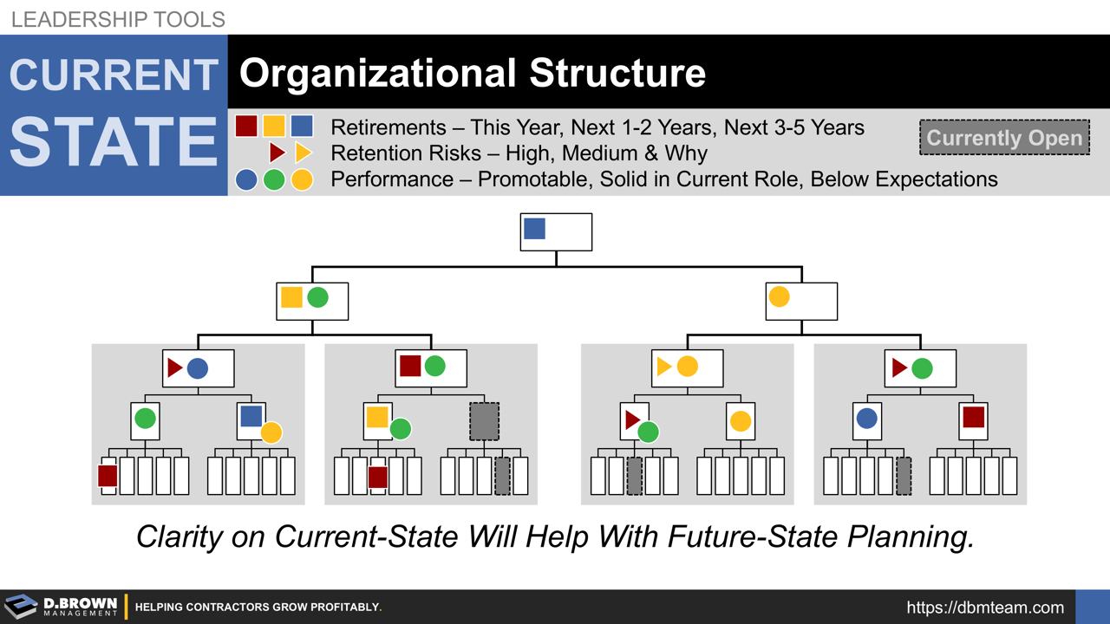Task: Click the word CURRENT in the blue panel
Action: (x=114, y=75)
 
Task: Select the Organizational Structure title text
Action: (x=473, y=74)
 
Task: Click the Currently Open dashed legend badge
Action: (x=1004, y=138)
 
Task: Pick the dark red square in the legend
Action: (x=246, y=127)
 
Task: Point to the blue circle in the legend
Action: (x=246, y=179)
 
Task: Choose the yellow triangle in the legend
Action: (x=303, y=153)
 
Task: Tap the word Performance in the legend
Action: (x=392, y=179)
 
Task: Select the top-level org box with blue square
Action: (x=556, y=231)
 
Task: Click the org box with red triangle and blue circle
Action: (x=198, y=368)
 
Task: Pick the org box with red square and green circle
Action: (x=431, y=367)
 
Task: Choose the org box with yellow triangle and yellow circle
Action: (x=687, y=367)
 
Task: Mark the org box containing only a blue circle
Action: (x=867, y=420)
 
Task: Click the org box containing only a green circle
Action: (x=146, y=420)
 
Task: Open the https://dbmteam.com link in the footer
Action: (x=985, y=608)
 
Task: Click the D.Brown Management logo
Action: (x=61, y=607)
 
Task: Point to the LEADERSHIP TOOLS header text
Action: (x=118, y=18)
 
